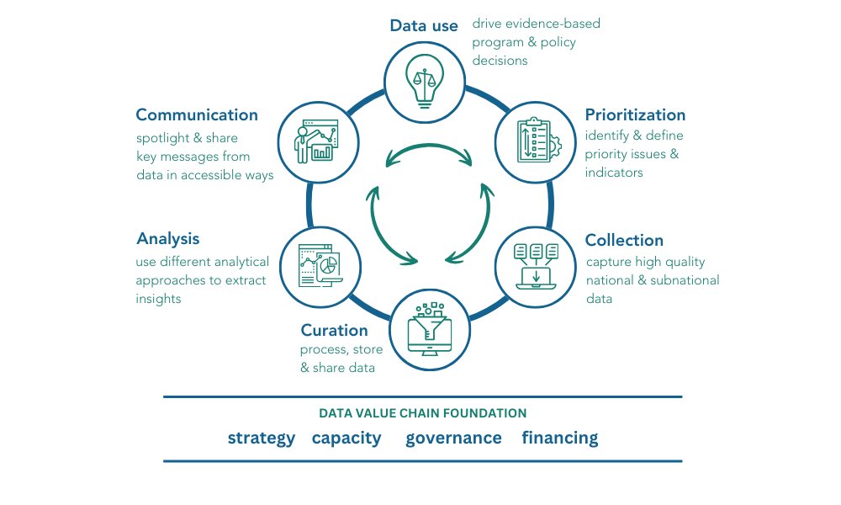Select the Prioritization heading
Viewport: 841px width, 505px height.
635,114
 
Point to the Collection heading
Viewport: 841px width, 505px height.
624,241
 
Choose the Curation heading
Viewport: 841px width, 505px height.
334,330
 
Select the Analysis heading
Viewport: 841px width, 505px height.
167,238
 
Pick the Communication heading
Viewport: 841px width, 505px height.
197,114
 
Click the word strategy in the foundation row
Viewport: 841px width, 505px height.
262,438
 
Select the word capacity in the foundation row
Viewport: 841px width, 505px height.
346,438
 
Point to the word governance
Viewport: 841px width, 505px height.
453,438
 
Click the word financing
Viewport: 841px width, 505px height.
560,438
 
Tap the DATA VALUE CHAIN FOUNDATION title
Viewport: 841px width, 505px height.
423,413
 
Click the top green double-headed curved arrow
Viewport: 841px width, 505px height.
429,153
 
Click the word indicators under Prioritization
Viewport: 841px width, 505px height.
613,173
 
